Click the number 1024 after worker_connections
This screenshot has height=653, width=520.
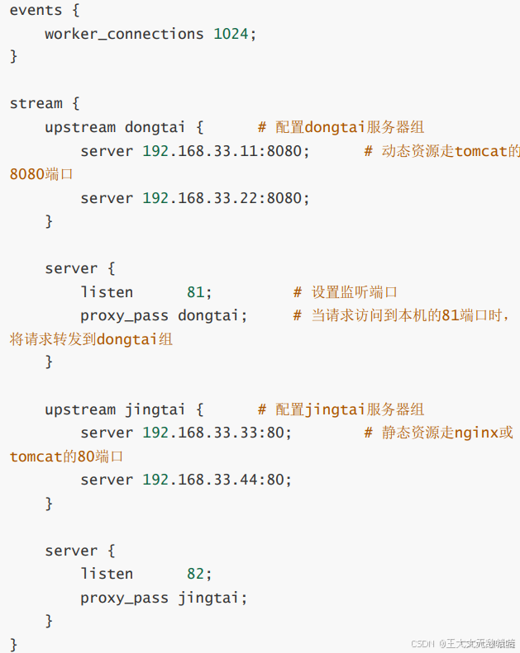[x=231, y=34]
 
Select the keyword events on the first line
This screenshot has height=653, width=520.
[x=36, y=10]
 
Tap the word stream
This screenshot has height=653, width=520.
[x=36, y=104]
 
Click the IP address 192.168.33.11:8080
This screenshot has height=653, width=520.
[x=226, y=151]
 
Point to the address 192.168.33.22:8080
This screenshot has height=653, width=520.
[x=226, y=198]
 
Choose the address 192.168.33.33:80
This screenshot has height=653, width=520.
[x=217, y=433]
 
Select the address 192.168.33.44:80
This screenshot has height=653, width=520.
[x=217, y=480]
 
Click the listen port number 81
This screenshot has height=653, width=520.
[x=195, y=292]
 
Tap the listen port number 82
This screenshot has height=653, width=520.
[x=195, y=574]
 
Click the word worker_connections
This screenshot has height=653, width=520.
[x=124, y=34]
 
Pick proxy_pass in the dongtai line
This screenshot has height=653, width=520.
[x=124, y=315]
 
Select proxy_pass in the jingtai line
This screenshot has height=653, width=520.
[x=124, y=598]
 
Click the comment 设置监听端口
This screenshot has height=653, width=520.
[x=355, y=292]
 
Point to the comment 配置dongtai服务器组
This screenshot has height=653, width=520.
[x=350, y=128]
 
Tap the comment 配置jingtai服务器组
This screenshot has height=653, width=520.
[x=350, y=409]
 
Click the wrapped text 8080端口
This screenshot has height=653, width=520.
[x=41, y=175]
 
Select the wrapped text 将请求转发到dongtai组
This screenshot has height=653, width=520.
[x=91, y=339]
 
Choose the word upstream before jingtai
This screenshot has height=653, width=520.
[x=80, y=409]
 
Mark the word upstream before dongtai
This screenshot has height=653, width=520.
[x=80, y=128]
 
